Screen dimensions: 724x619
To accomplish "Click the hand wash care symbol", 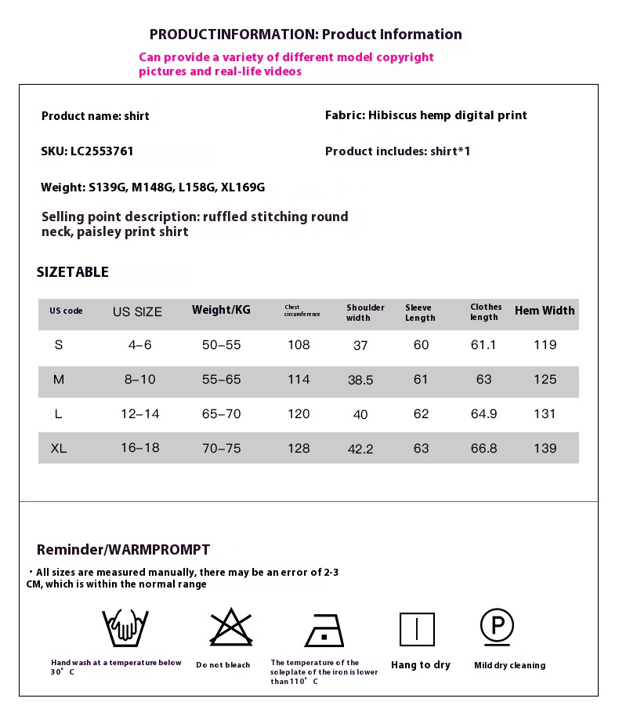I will click(125, 628).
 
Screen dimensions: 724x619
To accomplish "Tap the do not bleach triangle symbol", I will click(231, 628).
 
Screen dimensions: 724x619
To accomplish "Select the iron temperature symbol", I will click(324, 630).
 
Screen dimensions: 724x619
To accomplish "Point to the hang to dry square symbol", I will click(417, 629).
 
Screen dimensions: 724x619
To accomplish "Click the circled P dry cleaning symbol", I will click(497, 626).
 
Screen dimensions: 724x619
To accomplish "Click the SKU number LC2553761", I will click(102, 151).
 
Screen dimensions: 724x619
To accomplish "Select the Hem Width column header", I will click(545, 311).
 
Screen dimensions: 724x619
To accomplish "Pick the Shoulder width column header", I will click(365, 312).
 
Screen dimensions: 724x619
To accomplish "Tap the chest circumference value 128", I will click(299, 449).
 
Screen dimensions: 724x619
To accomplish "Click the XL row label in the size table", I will click(59, 449).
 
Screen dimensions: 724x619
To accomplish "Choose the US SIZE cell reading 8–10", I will click(139, 380).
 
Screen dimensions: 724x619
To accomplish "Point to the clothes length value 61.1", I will click(483, 345).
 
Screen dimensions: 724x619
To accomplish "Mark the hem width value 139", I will click(545, 449).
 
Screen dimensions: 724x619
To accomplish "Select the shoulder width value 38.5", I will click(360, 380).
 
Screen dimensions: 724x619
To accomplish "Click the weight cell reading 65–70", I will click(221, 414).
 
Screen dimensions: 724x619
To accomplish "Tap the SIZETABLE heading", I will click(73, 272).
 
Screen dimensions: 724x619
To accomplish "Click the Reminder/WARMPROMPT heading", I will click(123, 550).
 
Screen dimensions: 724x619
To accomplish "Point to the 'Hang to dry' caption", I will click(421, 665).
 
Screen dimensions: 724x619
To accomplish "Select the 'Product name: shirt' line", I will click(95, 116).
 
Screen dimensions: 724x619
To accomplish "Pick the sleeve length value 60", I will click(422, 345).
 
